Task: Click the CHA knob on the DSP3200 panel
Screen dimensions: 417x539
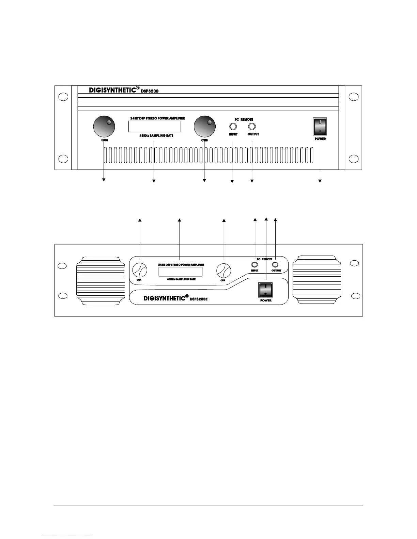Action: pyautogui.click(x=104, y=127)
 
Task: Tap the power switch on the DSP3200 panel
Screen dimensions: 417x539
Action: pyautogui.click(x=320, y=127)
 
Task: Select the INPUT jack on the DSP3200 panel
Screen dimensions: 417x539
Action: pyautogui.click(x=233, y=127)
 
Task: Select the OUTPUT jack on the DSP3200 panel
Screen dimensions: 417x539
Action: pyautogui.click(x=252, y=127)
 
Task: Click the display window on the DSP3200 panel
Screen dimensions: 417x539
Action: pyautogui.click(x=154, y=127)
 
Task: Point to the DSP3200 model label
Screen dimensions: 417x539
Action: pyautogui.click(x=150, y=91)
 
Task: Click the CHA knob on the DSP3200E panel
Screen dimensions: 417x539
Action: pyautogui.click(x=140, y=271)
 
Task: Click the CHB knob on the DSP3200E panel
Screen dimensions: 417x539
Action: pyautogui.click(x=224, y=271)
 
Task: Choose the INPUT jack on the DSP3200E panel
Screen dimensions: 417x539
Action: pyautogui.click(x=254, y=265)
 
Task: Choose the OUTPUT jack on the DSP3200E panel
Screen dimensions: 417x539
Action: pyautogui.click(x=276, y=265)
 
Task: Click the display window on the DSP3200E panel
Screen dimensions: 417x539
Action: pyautogui.click(x=180, y=272)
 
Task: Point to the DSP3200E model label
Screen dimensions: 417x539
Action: pyautogui.click(x=199, y=299)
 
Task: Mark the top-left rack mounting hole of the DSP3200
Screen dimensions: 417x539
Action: pyautogui.click(x=62, y=96)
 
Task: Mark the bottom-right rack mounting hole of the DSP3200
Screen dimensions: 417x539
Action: pyautogui.click(x=354, y=159)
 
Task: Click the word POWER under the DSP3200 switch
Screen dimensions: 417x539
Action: pyautogui.click(x=320, y=139)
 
